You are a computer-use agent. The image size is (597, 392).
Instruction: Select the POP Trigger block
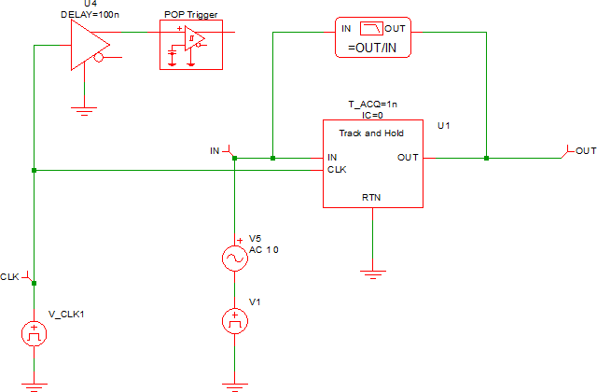[x=191, y=43]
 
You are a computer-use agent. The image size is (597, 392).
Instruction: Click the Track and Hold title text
[x=370, y=134]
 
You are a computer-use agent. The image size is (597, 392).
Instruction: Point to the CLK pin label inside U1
[x=337, y=170]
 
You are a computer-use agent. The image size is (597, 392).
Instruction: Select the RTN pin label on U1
[x=371, y=197]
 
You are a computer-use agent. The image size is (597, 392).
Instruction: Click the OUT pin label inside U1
[x=408, y=158]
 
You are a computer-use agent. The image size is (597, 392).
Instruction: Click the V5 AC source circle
[x=233, y=259]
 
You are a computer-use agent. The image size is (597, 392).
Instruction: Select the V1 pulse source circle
[x=233, y=322]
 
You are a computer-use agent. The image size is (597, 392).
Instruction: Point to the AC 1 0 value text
[x=264, y=249]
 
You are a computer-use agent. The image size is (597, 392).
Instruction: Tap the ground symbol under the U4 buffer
[x=85, y=110]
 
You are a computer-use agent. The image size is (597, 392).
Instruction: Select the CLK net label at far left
[x=10, y=277]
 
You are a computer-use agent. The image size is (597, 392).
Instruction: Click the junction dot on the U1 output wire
[x=486, y=158]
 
